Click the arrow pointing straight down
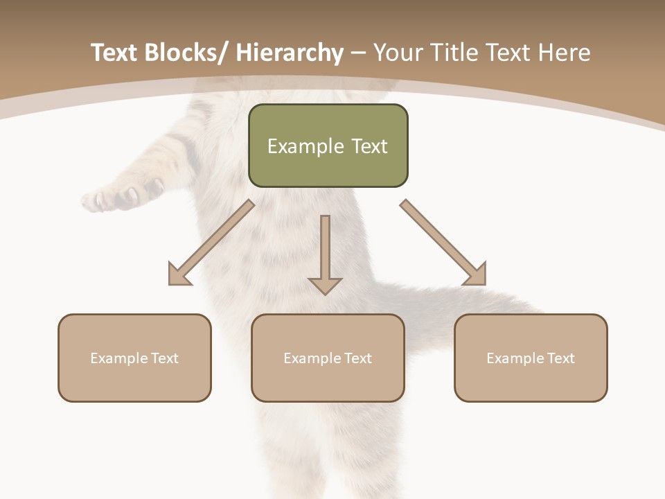[325, 253]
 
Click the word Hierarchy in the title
[290, 53]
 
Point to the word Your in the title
[398, 53]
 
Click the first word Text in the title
[114, 53]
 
